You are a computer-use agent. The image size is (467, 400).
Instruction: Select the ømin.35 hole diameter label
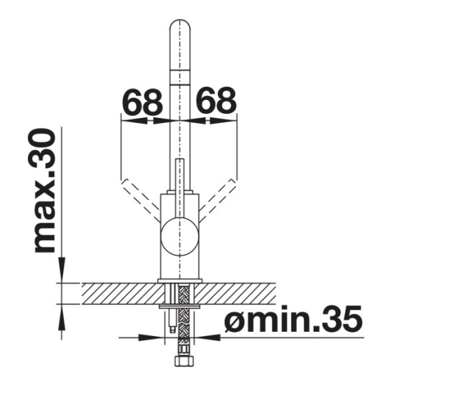coord(293,320)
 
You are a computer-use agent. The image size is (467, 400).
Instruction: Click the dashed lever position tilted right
coord(218,198)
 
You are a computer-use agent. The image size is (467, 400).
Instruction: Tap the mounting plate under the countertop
coord(180,307)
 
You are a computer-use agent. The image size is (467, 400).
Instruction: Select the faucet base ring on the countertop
coord(179,279)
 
